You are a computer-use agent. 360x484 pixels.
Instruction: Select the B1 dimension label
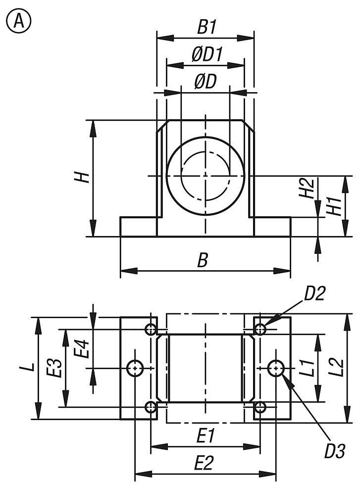[x=206, y=27]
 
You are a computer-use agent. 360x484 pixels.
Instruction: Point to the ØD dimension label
[x=205, y=82]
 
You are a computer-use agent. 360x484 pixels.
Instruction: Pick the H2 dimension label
[x=309, y=189]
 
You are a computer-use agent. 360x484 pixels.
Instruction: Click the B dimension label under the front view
[x=202, y=261]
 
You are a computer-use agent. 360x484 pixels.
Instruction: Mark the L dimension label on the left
[x=30, y=366]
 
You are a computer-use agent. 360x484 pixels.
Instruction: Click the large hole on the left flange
[x=135, y=368]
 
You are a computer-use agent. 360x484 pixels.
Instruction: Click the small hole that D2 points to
[x=260, y=329]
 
